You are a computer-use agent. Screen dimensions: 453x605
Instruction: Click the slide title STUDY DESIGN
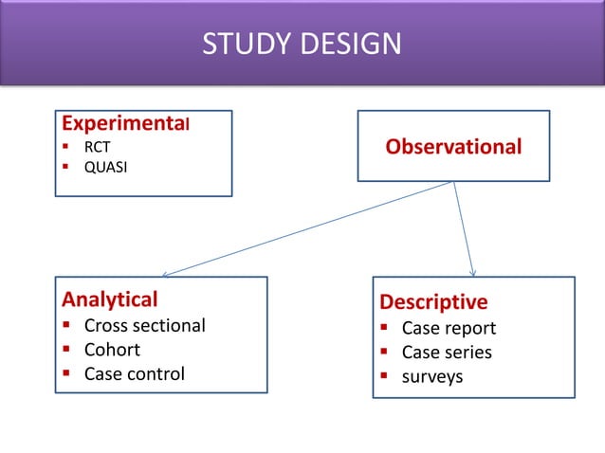302,45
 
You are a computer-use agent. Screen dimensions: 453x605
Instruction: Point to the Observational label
453,147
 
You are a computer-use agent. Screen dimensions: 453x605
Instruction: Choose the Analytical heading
110,299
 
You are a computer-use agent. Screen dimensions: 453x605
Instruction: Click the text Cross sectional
144,325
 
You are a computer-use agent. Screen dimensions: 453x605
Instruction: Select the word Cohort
112,349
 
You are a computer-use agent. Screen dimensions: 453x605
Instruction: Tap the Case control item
135,372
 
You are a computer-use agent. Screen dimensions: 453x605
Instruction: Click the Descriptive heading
433,301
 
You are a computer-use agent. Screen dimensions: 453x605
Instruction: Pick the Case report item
449,329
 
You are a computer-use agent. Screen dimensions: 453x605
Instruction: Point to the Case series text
447,353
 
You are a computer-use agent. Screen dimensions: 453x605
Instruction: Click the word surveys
432,376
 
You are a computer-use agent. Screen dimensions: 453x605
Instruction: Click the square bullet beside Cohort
68,349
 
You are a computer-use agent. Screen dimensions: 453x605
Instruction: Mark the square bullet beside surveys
386,376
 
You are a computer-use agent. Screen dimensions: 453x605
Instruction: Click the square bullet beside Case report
386,329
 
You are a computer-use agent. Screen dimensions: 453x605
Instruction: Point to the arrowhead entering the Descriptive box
472,273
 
